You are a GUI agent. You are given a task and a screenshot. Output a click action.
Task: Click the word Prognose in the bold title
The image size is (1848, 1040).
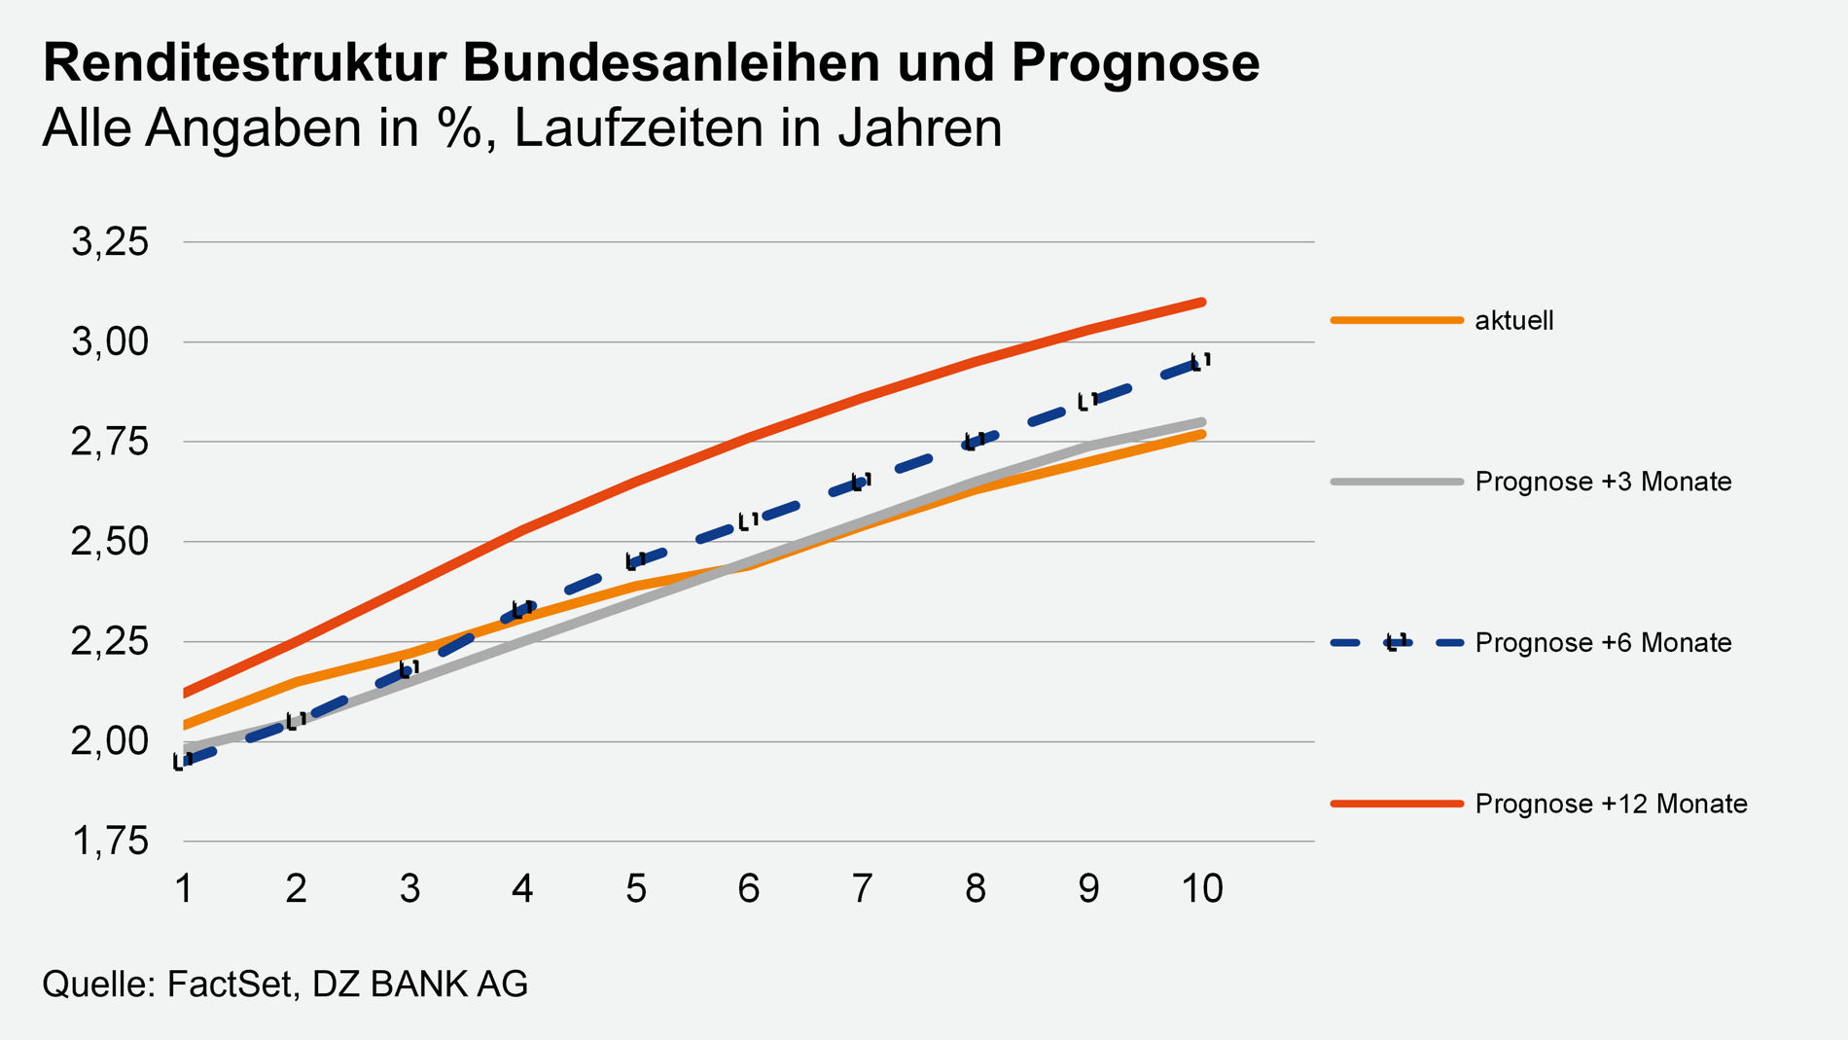click(x=1135, y=64)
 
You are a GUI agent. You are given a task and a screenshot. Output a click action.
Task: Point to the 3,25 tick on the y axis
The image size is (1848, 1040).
click(x=110, y=242)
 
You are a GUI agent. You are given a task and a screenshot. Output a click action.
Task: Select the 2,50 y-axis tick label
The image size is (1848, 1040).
click(x=110, y=542)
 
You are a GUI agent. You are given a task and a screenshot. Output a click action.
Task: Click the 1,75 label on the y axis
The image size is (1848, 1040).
click(x=110, y=842)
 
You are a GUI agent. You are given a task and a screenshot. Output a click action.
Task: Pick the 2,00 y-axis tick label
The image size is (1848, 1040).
click(x=110, y=741)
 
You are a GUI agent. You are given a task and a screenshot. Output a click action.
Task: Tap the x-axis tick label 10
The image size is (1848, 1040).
click(x=1202, y=888)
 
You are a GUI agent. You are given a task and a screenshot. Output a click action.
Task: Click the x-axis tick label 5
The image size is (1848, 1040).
click(x=636, y=888)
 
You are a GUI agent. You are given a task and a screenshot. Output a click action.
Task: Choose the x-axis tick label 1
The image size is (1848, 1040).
click(x=183, y=888)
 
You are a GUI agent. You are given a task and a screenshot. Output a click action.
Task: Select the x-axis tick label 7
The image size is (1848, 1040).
click(x=862, y=888)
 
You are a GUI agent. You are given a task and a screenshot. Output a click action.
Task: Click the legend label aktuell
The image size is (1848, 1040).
click(x=1513, y=320)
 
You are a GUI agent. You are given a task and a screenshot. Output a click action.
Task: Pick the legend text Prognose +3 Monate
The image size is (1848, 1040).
click(x=1603, y=482)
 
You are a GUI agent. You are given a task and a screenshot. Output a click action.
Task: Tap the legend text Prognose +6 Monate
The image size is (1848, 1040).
click(x=1603, y=643)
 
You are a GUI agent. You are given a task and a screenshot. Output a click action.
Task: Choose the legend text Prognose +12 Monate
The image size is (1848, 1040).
click(x=1611, y=804)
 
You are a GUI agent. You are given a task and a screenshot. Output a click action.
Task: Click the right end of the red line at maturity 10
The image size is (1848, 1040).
click(x=1202, y=303)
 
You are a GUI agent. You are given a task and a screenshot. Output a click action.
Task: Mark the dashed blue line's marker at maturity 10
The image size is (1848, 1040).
click(x=1201, y=363)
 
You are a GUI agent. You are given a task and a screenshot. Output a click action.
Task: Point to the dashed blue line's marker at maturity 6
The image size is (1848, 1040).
click(x=748, y=521)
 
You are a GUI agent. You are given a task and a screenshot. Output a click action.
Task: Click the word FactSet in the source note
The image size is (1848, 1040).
click(x=230, y=985)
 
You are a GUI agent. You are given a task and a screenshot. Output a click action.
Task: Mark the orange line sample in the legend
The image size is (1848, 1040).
click(x=1397, y=320)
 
